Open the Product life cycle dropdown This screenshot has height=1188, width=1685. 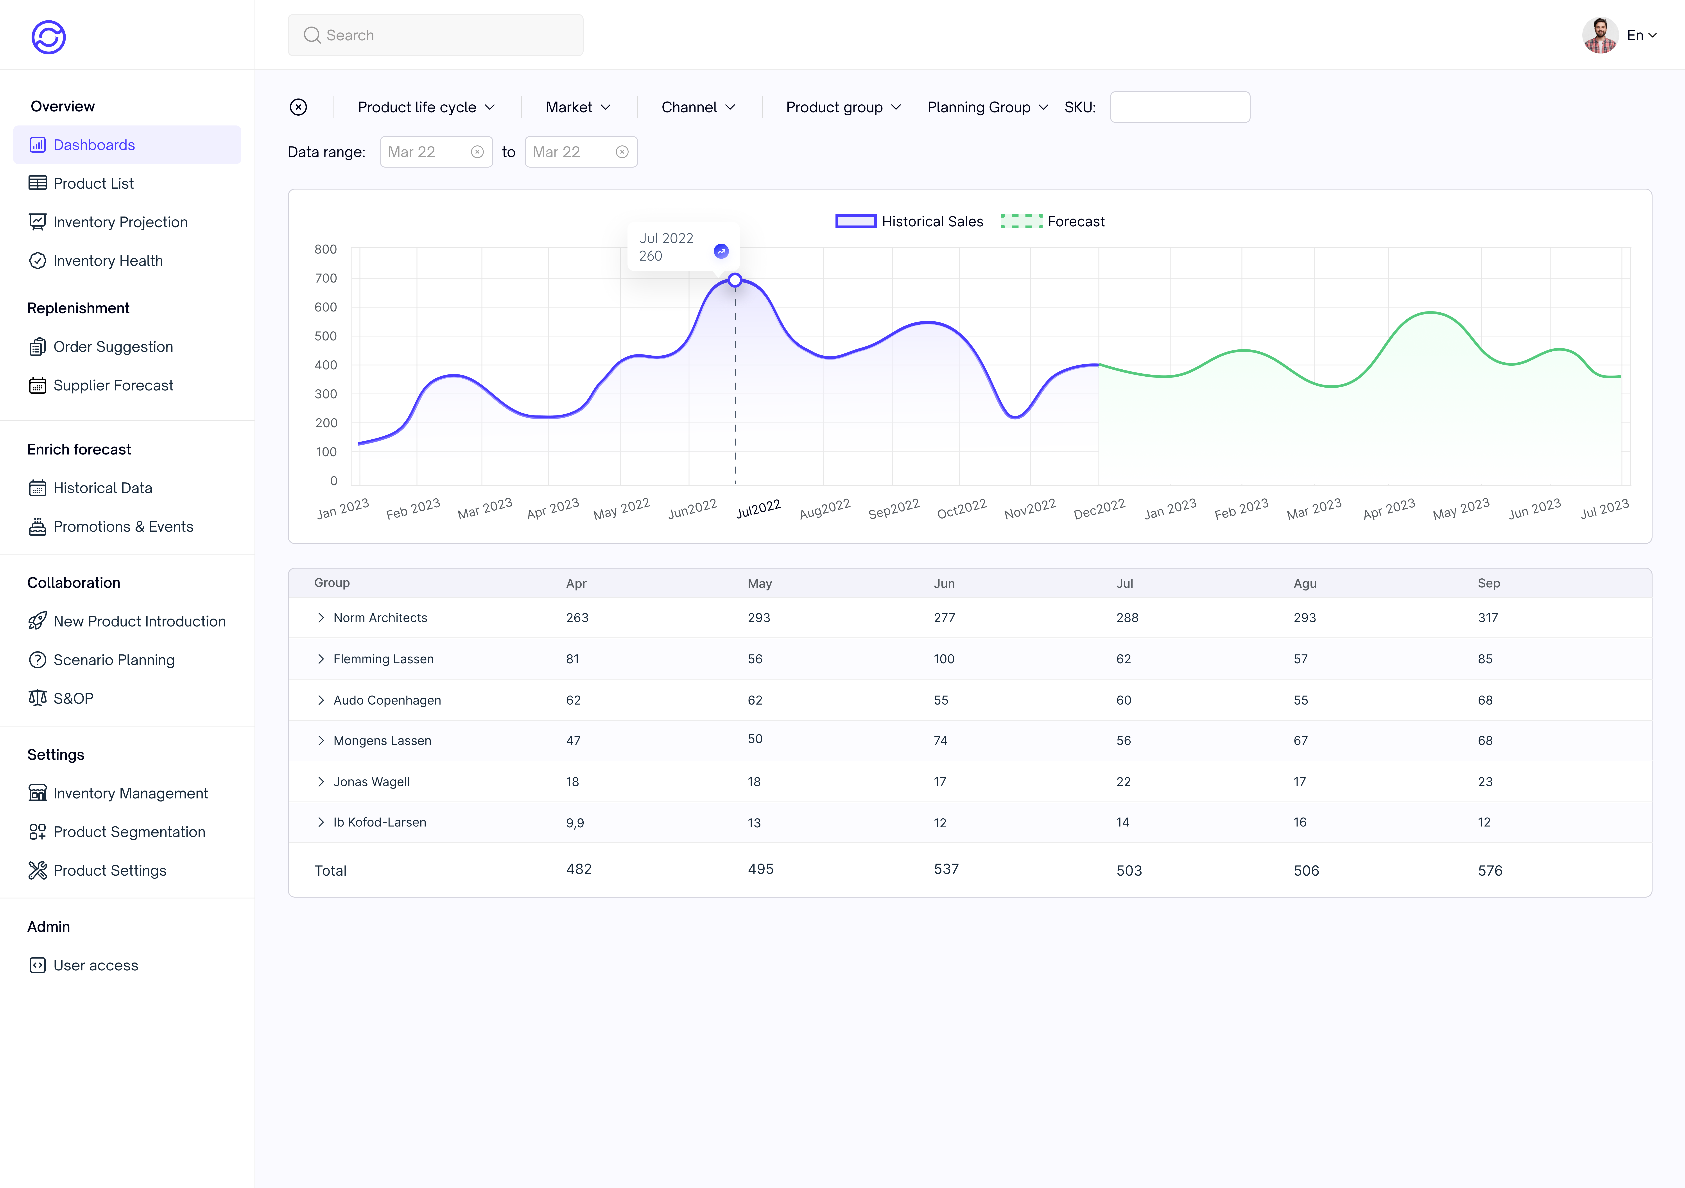pyautogui.click(x=426, y=107)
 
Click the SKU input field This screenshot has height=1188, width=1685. pyautogui.click(x=1179, y=107)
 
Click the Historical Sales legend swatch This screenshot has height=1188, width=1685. pyautogui.click(x=856, y=222)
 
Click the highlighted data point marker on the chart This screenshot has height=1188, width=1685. pyautogui.click(x=735, y=280)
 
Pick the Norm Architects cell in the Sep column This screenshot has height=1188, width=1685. pyautogui.click(x=1488, y=618)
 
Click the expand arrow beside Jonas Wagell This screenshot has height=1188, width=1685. pyautogui.click(x=321, y=782)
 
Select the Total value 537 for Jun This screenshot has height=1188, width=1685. pyautogui.click(x=946, y=870)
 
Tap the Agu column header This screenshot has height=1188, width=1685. pyautogui.click(x=1305, y=583)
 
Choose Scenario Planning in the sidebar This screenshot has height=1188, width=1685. pyautogui.click(x=114, y=660)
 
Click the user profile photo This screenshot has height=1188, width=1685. pyautogui.click(x=1600, y=35)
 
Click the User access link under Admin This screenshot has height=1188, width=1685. pyautogui.click(x=95, y=965)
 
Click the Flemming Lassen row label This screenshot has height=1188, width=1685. pyautogui.click(x=383, y=659)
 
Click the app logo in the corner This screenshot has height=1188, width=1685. pyautogui.click(x=48, y=37)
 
